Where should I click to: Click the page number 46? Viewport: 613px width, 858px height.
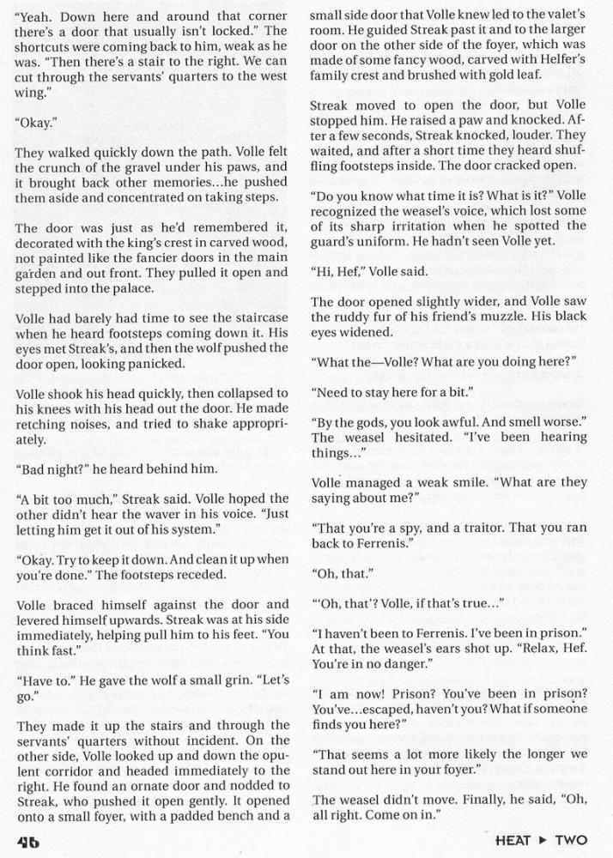(x=27, y=842)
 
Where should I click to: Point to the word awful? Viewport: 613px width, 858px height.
(x=489, y=421)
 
